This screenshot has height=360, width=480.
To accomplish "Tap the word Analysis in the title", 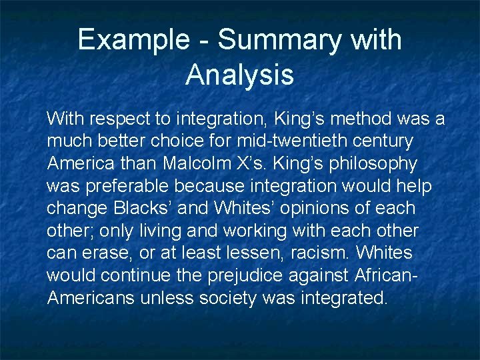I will [240, 74].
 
